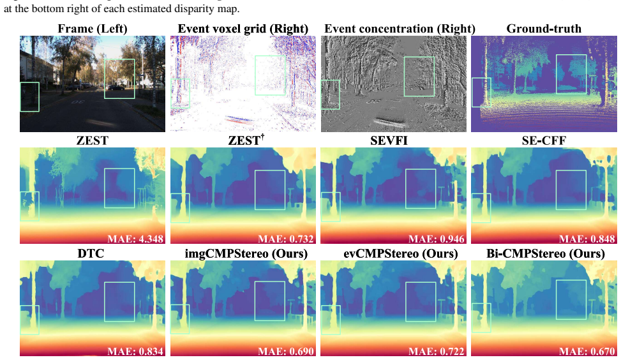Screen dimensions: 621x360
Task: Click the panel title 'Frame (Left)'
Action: click(93, 29)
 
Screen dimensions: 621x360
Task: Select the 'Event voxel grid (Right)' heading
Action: click(243, 29)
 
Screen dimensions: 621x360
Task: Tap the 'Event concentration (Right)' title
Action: click(400, 29)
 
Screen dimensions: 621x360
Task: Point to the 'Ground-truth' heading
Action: click(544, 29)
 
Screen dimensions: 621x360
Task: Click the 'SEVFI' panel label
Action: click(389, 140)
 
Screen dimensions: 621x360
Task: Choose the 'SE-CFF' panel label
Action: click(544, 140)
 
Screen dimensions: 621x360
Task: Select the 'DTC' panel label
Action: click(91, 253)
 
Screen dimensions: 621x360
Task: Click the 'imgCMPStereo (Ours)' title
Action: click(246, 254)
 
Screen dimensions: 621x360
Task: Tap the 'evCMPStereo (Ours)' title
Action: click(400, 254)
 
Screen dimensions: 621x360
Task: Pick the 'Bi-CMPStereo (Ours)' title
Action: click(545, 254)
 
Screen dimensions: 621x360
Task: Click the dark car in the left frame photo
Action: click(116, 87)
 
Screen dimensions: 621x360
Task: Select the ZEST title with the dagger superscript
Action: click(246, 140)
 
